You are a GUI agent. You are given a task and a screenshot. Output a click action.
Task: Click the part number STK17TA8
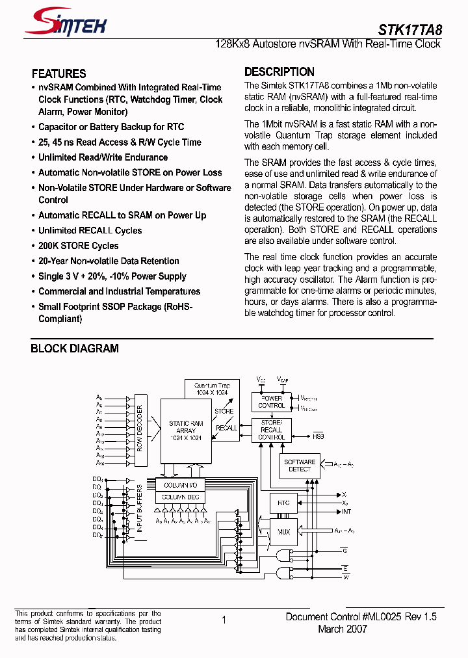click(409, 29)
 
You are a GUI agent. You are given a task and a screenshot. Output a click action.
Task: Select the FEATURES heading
click(58, 73)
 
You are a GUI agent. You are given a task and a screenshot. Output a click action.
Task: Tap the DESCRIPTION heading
click(279, 72)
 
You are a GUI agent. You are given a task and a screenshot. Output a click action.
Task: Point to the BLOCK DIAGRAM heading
click(75, 349)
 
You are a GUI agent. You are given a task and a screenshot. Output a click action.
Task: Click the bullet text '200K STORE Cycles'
click(78, 246)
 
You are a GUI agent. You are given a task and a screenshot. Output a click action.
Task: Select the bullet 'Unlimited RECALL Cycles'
click(90, 230)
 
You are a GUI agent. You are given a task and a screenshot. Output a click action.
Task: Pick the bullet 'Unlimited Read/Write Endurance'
click(103, 157)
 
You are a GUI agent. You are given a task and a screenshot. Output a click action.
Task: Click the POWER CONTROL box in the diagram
click(272, 402)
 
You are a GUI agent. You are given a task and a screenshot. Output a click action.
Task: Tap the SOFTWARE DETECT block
click(300, 466)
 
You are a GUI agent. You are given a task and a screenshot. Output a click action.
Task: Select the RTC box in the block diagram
click(283, 503)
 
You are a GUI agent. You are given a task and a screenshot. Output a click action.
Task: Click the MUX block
click(283, 531)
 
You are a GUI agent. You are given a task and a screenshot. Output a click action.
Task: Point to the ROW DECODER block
click(140, 430)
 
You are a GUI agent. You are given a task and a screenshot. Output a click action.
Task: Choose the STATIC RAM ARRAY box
click(186, 430)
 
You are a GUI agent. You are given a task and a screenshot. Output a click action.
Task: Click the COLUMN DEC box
click(180, 497)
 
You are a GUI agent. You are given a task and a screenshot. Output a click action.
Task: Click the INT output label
click(346, 512)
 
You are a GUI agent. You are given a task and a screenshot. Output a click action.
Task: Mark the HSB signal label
click(318, 437)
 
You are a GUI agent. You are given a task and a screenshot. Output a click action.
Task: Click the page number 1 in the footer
click(224, 620)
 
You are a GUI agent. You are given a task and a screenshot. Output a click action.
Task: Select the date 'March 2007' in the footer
click(343, 629)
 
